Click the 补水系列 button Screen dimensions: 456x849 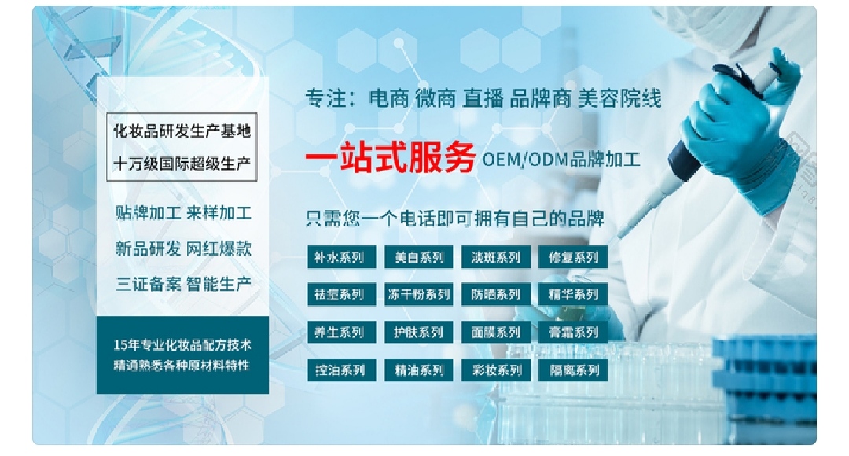click(340, 257)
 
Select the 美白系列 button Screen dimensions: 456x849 click(418, 257)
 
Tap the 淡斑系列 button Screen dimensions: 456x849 click(496, 257)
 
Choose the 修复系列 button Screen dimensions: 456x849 click(573, 257)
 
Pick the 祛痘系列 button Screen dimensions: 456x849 click(340, 295)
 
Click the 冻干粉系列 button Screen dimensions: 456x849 click(418, 295)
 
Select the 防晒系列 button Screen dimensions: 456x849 click(496, 295)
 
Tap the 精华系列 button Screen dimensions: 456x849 click(573, 295)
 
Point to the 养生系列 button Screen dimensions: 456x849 click(340, 333)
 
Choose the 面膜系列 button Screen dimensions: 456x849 click(496, 333)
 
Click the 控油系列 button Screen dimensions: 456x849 click(340, 370)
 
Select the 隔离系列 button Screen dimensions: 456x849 click(573, 370)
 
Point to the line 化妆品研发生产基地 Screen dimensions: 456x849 click(182, 131)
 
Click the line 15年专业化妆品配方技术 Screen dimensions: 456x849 click(182, 345)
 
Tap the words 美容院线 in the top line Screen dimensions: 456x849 click(619, 98)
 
